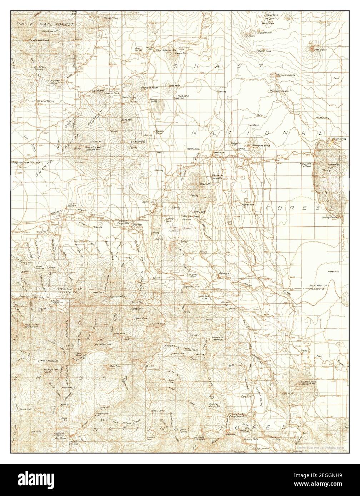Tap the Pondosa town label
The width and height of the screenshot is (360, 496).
point(219,274)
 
